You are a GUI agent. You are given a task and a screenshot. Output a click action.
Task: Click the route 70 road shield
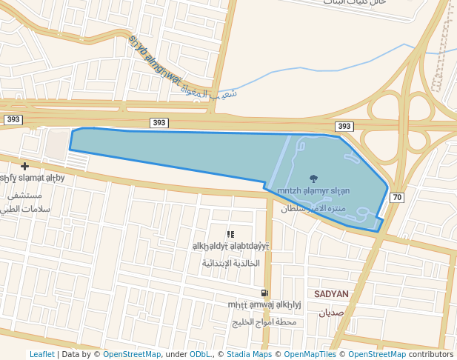[x=397, y=197]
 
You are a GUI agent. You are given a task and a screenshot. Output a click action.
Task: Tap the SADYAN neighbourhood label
[x=331, y=294]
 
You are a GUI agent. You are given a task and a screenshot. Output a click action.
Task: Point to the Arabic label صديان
[x=331, y=313]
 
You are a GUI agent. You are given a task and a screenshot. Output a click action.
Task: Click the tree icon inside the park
[x=313, y=179]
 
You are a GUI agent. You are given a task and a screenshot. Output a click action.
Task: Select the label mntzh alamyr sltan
[x=313, y=190]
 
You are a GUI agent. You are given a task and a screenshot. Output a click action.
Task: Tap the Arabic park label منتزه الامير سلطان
[x=313, y=208]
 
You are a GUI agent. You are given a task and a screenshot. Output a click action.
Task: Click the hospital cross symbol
[x=25, y=166]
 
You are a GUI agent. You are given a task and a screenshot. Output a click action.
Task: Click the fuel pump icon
[x=265, y=293]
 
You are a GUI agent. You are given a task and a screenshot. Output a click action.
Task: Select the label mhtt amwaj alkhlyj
[x=264, y=304]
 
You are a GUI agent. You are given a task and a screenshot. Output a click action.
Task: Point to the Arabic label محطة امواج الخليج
[x=264, y=322]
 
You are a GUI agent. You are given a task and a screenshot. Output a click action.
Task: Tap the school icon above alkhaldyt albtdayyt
[x=231, y=234]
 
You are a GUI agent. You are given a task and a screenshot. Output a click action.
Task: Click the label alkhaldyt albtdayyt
[x=231, y=246]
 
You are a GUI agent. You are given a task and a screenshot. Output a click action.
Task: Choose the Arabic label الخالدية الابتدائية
[x=231, y=264]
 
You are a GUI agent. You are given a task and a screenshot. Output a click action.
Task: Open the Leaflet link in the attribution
[x=41, y=354]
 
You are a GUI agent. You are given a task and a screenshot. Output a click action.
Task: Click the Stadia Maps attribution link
[x=249, y=354]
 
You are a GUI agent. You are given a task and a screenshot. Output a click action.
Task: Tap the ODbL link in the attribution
[x=200, y=354]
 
